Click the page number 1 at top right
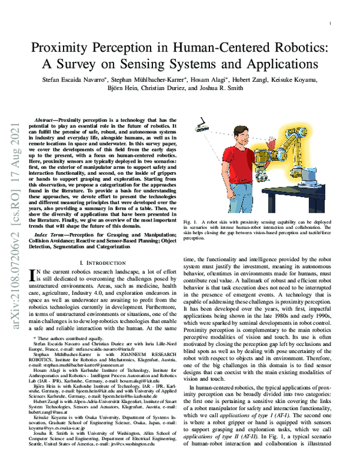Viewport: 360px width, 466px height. pos(331,23)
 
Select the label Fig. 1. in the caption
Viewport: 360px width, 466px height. pos(191,222)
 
